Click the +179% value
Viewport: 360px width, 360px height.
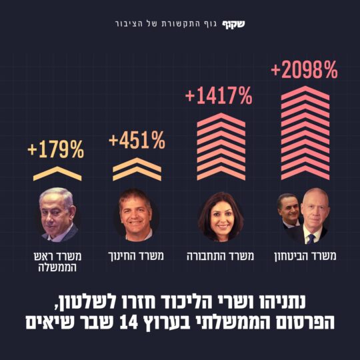tap(56, 150)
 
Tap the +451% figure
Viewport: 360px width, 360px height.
tap(137, 141)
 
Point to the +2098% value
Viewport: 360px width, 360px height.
tap(304, 69)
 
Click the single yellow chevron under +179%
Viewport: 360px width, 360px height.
tap(57, 174)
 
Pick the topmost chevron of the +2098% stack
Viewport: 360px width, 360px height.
tap(305, 91)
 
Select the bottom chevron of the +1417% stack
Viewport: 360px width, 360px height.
tap(220, 175)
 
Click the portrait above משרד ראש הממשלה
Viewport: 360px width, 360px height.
tap(57, 215)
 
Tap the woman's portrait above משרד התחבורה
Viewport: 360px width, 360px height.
tap(220, 216)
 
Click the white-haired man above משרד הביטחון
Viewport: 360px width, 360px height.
tap(312, 217)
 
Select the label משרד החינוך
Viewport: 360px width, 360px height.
tap(137, 256)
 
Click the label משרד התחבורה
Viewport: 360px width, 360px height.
tap(220, 256)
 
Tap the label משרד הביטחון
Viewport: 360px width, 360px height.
tap(304, 256)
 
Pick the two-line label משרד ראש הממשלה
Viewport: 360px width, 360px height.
tap(57, 261)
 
